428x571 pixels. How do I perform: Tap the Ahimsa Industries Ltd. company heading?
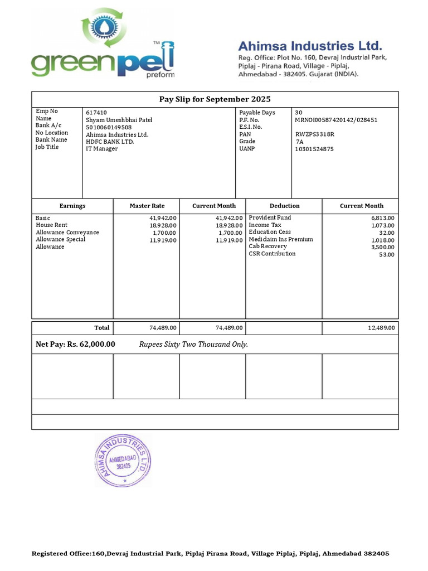tap(310, 46)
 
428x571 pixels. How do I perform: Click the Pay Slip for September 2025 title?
tap(215, 99)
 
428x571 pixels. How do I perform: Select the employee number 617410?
tap(95, 113)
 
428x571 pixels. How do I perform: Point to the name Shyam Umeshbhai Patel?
tap(119, 120)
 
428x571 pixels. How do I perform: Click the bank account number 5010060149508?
tap(109, 127)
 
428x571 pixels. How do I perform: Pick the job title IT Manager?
tap(101, 149)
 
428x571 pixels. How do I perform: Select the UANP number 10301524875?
tap(314, 149)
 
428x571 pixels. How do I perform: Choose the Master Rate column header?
tap(147, 206)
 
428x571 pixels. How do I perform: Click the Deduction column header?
tap(284, 206)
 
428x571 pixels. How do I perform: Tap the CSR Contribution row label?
tap(272, 254)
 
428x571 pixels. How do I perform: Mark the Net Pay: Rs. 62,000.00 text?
tap(75, 345)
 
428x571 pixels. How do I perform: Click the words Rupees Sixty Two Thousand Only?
tap(193, 345)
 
